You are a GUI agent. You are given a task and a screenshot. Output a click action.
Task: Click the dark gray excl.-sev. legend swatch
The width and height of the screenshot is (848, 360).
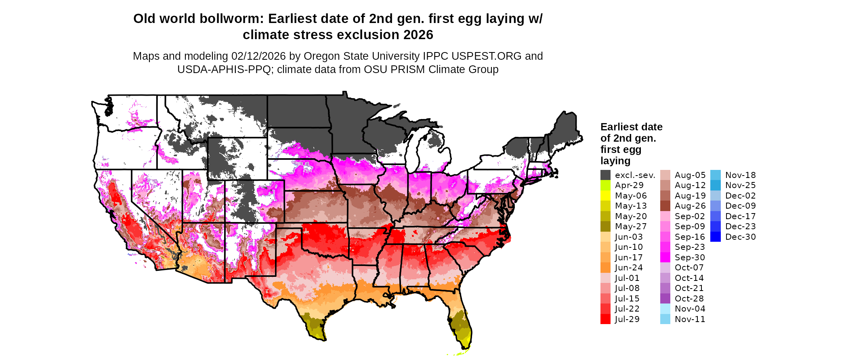(605, 175)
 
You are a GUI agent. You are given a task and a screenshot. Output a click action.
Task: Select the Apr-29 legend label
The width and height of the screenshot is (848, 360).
(629, 185)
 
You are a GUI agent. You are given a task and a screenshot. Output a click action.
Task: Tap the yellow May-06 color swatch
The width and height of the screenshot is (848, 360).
(605, 196)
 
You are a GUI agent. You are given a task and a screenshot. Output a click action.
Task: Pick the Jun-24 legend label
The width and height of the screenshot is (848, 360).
(629, 268)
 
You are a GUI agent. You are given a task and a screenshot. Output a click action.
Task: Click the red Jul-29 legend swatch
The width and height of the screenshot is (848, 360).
(605, 319)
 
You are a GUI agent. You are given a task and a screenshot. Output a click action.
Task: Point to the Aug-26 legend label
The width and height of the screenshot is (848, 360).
(690, 206)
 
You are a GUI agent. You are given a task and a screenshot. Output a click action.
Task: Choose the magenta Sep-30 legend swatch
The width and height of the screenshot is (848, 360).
(665, 257)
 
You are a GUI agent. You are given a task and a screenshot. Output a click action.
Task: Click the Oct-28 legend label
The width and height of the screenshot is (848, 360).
(689, 299)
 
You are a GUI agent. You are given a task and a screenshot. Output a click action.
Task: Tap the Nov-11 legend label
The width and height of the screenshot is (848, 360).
(690, 319)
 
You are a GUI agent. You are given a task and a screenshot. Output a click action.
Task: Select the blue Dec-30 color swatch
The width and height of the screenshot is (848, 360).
(715, 237)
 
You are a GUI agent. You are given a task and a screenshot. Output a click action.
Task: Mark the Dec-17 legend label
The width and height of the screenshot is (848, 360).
(741, 216)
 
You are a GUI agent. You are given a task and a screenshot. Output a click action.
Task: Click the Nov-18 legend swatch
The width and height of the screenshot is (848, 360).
(715, 175)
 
